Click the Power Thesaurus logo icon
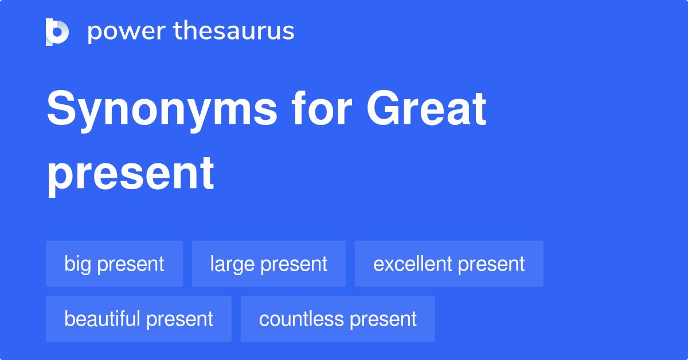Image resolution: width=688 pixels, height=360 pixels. coord(57,32)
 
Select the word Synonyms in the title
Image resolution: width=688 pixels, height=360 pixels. coord(162,110)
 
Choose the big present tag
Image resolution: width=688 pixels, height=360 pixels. coord(114,264)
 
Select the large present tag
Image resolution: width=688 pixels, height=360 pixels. coord(268,264)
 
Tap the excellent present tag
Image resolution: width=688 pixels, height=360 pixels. coord(449,264)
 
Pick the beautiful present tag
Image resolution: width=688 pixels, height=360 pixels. coord(139,319)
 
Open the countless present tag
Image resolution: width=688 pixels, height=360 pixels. coord(338,319)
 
